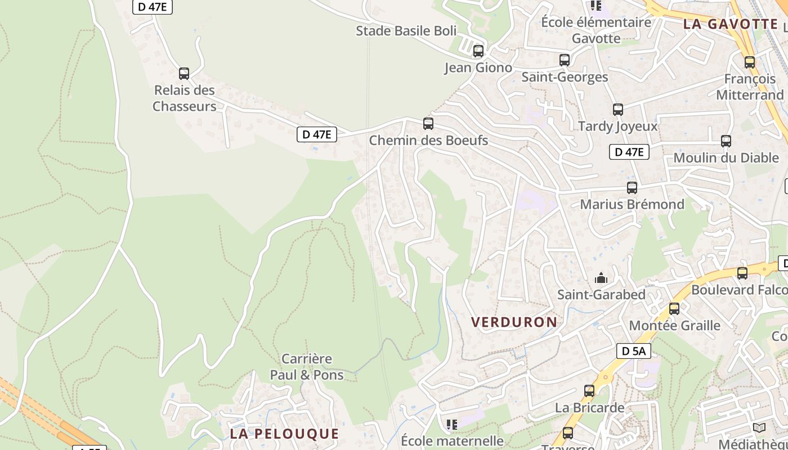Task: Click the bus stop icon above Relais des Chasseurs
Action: [x=184, y=74]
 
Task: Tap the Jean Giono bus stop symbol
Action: [x=478, y=51]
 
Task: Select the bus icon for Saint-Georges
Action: [x=565, y=60]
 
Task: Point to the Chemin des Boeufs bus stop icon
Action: [x=428, y=124]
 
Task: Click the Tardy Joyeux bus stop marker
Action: [x=618, y=110]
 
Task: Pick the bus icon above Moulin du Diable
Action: [x=726, y=141]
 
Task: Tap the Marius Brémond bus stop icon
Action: [x=632, y=188]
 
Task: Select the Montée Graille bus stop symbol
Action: [x=674, y=309]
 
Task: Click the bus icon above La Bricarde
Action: [x=589, y=391]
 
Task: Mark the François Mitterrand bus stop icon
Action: [x=750, y=62]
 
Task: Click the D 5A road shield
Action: [x=634, y=351]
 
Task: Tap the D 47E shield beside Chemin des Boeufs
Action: [x=317, y=134]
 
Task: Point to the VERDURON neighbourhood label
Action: [x=514, y=322]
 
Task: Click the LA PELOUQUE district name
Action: [x=284, y=434]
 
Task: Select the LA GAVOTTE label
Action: [x=730, y=24]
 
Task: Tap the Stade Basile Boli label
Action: [x=406, y=31]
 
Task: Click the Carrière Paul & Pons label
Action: [x=307, y=367]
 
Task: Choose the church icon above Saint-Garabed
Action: [x=601, y=278]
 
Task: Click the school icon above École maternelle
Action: [x=452, y=425]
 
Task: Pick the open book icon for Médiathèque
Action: [x=759, y=428]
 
